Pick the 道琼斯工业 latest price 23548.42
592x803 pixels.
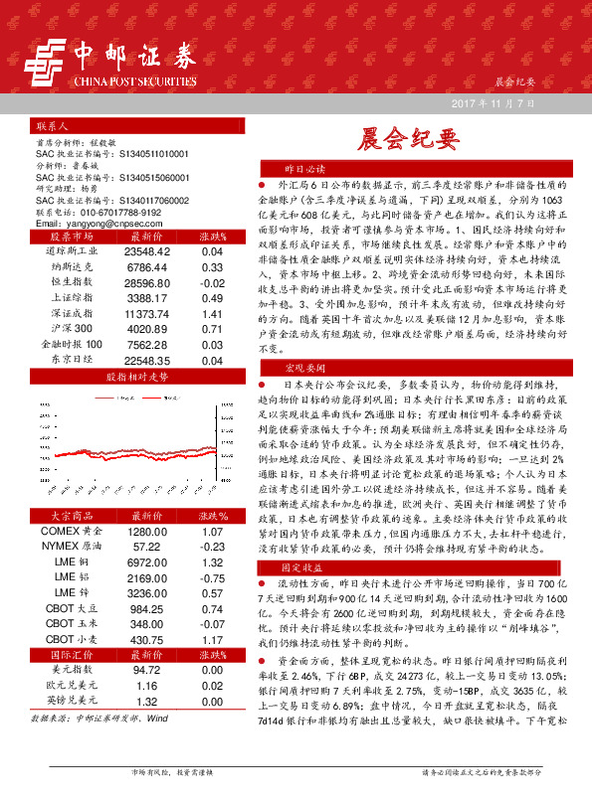point(148,252)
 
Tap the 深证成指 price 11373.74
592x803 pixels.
point(148,315)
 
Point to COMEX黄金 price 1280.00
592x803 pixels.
point(147,532)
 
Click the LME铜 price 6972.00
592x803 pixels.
point(147,562)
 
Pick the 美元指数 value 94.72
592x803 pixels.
point(147,671)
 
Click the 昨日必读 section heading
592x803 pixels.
point(304,169)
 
